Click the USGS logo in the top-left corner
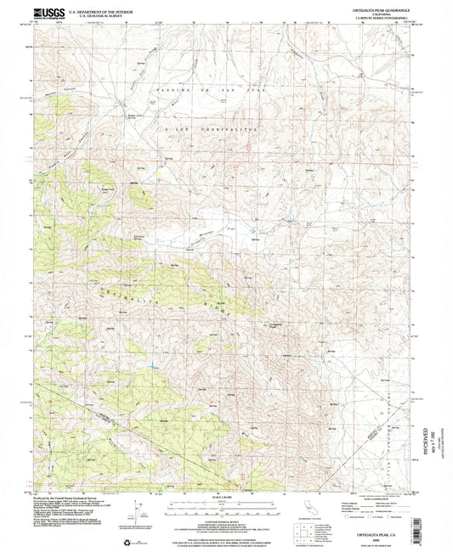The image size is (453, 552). pos(42,13)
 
